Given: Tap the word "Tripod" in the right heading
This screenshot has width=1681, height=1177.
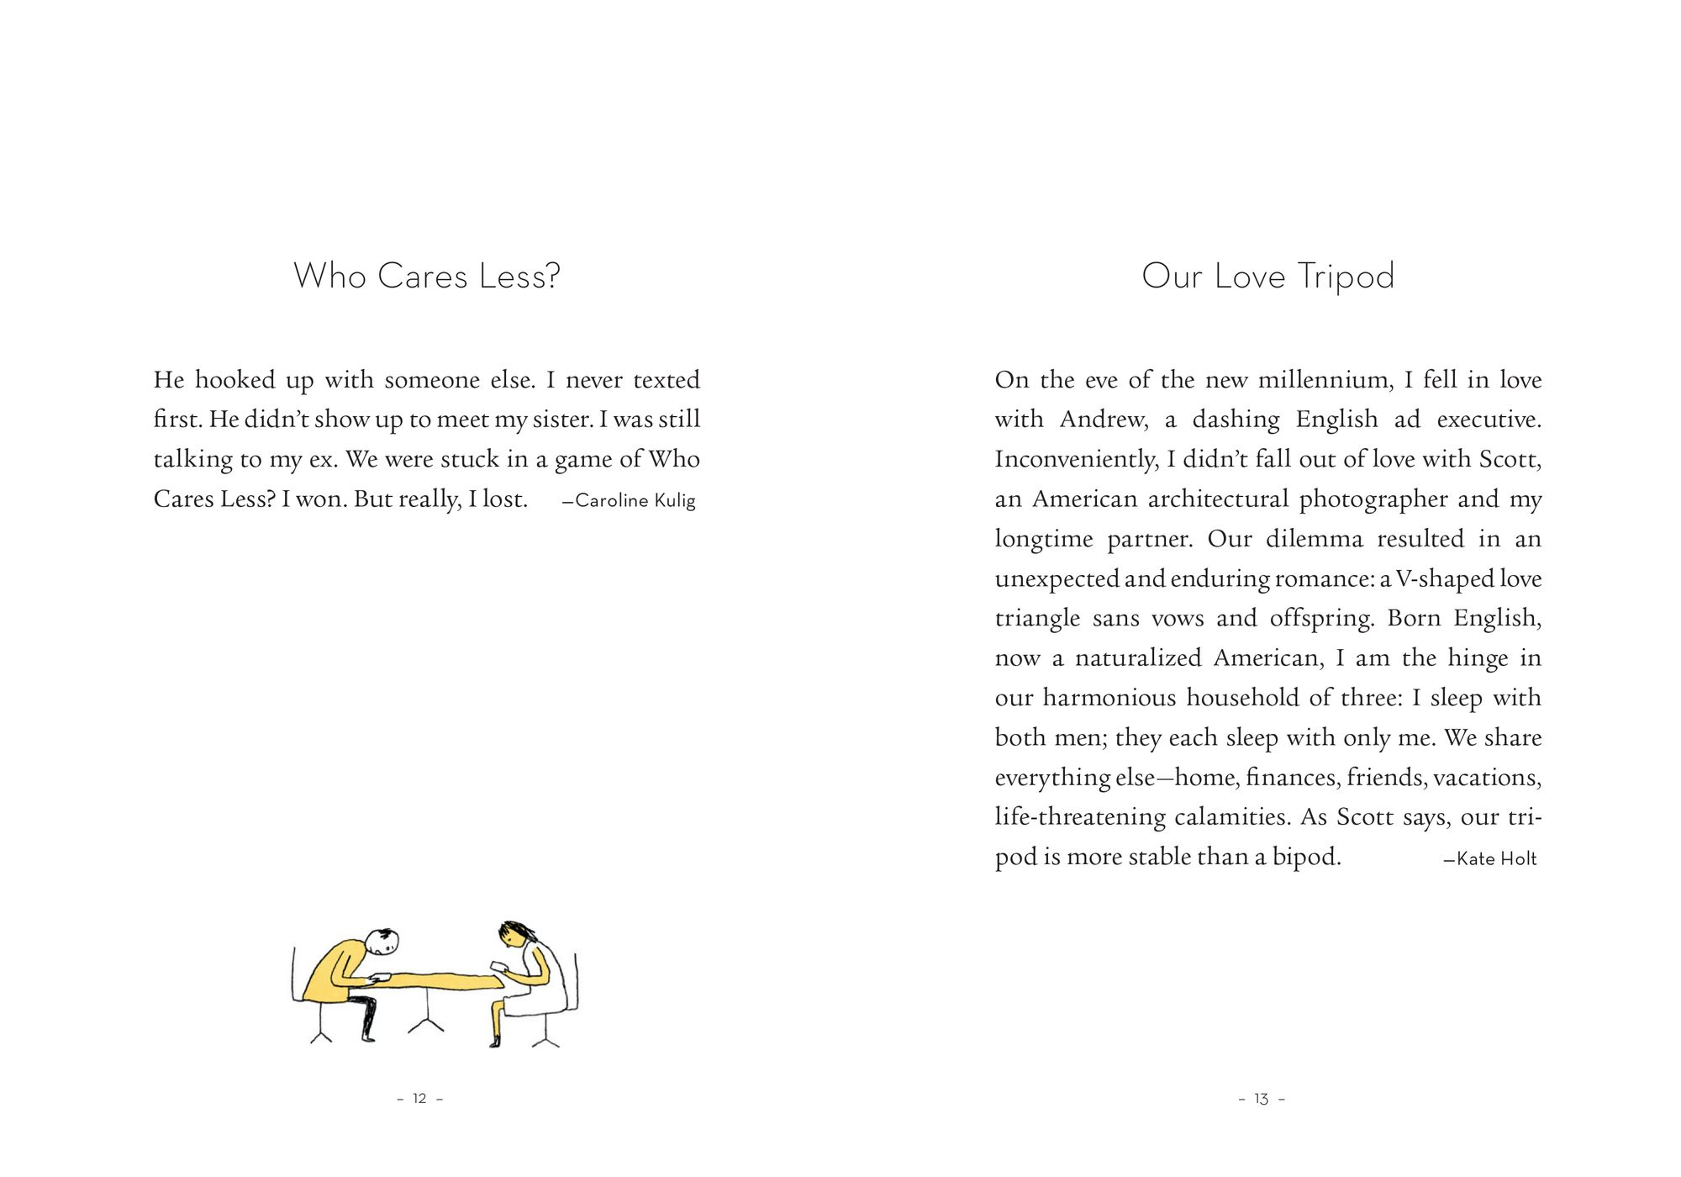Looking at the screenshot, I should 1346,277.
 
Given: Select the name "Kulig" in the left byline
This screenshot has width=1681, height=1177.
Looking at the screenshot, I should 675,501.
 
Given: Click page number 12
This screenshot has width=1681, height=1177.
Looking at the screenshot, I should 419,1099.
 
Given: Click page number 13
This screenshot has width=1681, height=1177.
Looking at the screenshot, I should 1261,1099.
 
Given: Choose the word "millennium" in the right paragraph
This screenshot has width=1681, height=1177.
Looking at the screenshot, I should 1325,380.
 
